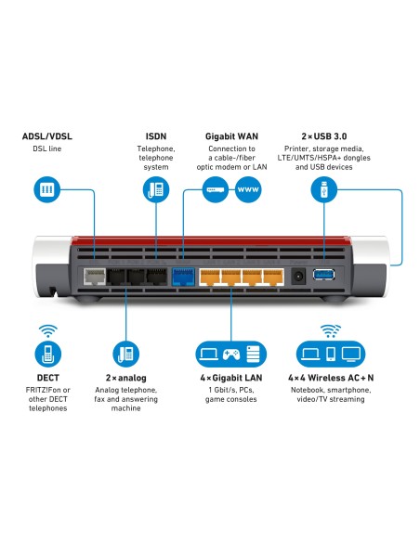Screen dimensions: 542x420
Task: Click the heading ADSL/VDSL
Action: tap(46, 136)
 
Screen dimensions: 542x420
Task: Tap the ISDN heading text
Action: tap(155, 136)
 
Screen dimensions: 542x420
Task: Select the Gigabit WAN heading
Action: tap(231, 136)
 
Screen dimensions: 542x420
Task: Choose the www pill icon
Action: tap(249, 191)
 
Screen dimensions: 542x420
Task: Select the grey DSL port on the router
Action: tap(94, 276)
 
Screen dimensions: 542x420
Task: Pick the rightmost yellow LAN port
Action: tap(272, 276)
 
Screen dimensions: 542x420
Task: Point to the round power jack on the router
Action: tap(299, 276)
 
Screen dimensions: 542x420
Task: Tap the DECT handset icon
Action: tap(47, 354)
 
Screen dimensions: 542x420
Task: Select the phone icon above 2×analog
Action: tap(125, 354)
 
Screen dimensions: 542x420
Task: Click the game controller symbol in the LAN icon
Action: tap(230, 354)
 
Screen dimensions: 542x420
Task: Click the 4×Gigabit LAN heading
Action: tap(230, 379)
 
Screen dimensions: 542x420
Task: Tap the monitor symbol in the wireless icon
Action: tap(351, 354)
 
